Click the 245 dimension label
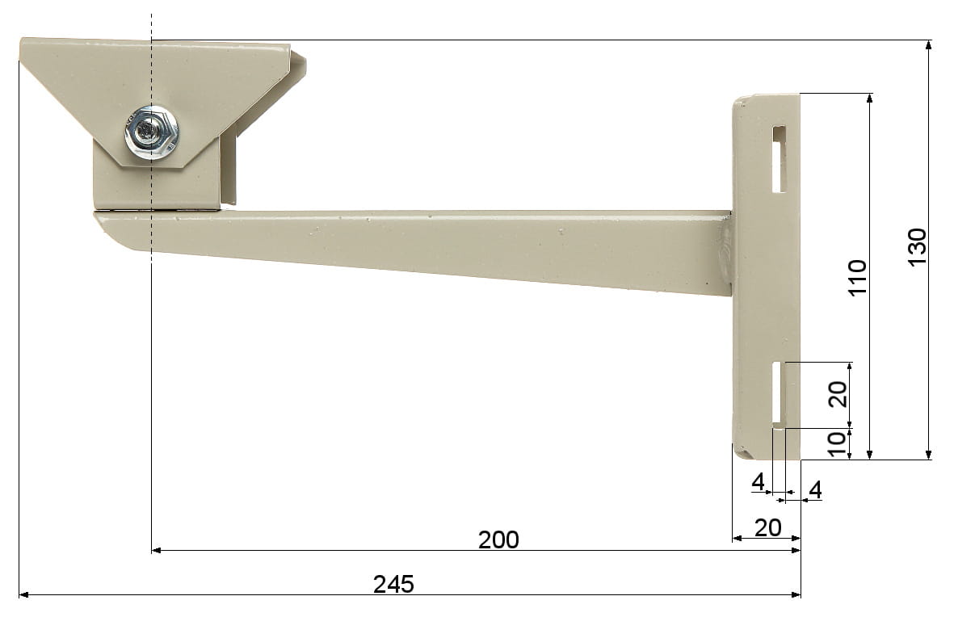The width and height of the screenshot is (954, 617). pos(393,583)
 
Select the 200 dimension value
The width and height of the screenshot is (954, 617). pos(498,539)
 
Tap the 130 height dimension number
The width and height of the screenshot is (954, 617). pos(917,247)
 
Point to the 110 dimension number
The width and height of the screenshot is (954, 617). pos(857,277)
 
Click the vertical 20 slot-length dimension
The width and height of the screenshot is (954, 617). pos(838,394)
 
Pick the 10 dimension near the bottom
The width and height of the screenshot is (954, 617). pos(838,444)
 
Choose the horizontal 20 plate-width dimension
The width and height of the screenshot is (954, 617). pos(767,527)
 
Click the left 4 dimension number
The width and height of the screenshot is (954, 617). pos(758,481)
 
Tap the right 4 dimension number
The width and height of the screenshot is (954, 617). pos(815,489)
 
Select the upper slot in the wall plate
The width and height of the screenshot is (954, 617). pos(778,159)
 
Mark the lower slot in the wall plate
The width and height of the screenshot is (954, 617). pos(778,393)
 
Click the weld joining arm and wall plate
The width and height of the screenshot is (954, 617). pos(726,252)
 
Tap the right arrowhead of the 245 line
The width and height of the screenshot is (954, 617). pos(796,595)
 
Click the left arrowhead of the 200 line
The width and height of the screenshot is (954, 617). pos(157,550)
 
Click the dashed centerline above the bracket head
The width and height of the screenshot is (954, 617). pos(151,24)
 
